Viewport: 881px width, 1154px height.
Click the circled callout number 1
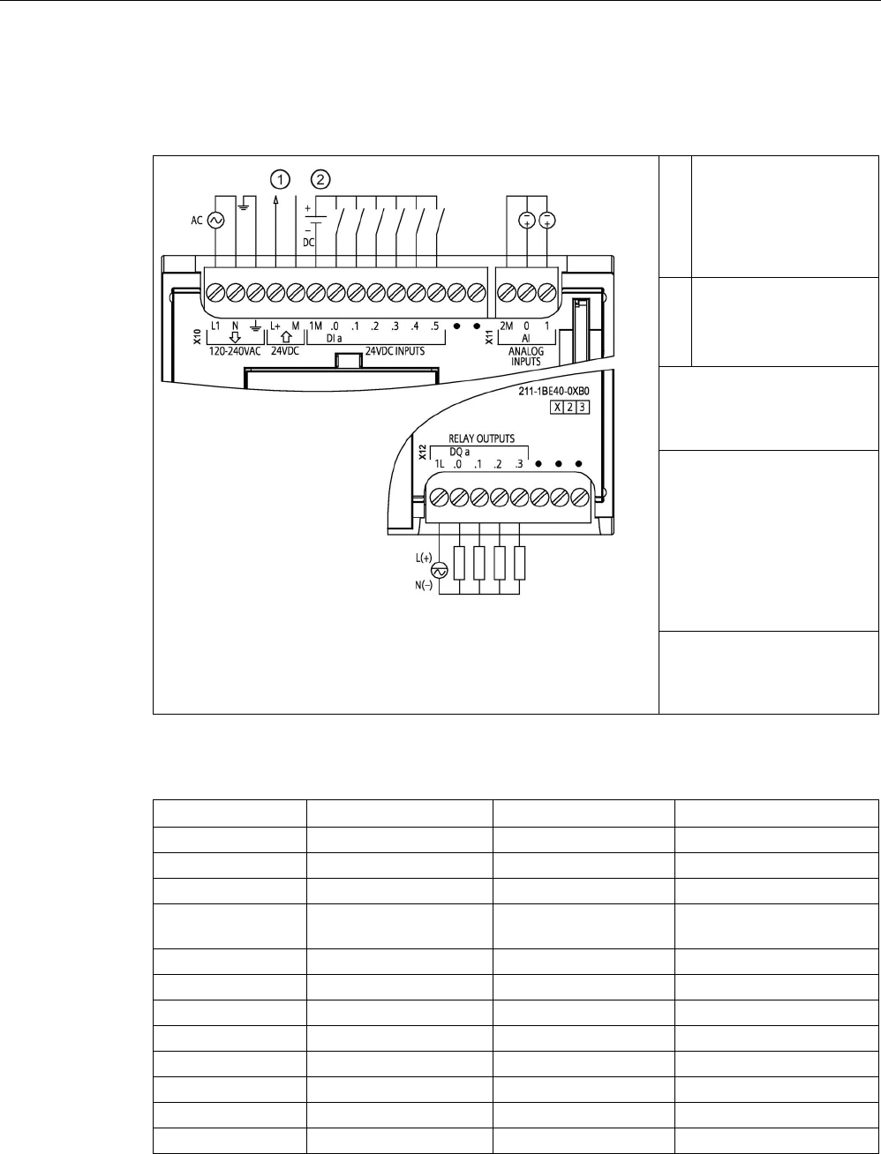tap(280, 179)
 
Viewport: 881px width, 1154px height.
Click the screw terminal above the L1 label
tap(215, 291)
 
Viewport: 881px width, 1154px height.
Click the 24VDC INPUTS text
tap(391, 350)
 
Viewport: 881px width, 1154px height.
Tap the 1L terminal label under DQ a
tap(439, 465)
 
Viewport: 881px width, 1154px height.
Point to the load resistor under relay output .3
tap(520, 562)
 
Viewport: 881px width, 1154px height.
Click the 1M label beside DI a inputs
tap(315, 326)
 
